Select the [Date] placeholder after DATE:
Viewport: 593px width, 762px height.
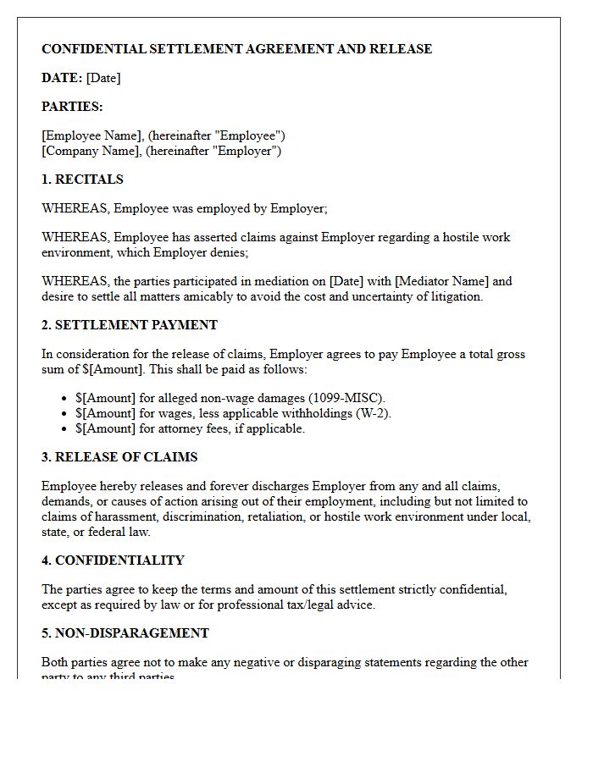pyautogui.click(x=103, y=78)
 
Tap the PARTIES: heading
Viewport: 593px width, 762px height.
pyautogui.click(x=72, y=107)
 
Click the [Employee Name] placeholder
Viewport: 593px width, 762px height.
pyautogui.click(x=92, y=135)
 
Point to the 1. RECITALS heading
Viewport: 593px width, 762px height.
pyautogui.click(x=82, y=179)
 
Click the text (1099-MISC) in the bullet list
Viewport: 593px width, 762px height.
pyautogui.click(x=346, y=398)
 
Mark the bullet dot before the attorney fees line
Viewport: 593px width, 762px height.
pyautogui.click(x=65, y=428)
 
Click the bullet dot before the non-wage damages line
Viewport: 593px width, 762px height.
pyautogui.click(x=65, y=398)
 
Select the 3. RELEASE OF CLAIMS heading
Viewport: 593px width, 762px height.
pyautogui.click(x=119, y=457)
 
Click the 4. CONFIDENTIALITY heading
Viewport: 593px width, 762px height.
pyautogui.click(x=113, y=560)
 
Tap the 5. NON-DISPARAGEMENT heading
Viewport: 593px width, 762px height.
pyautogui.click(x=125, y=633)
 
